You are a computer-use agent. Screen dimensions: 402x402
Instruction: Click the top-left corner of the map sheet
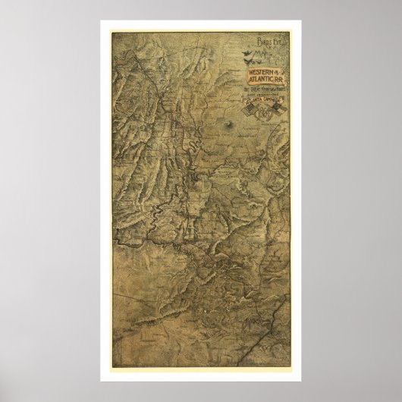click(111, 32)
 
